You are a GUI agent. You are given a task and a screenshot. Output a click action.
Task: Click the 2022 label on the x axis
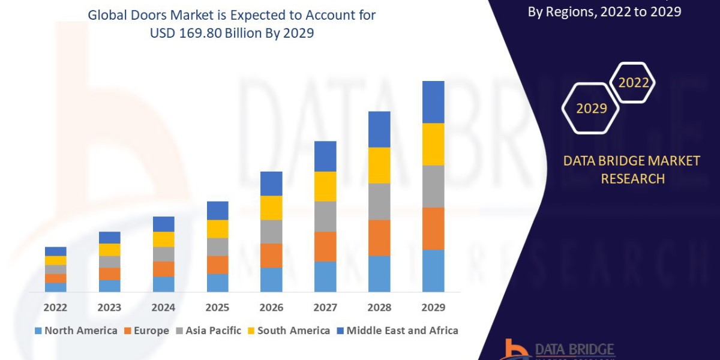[x=55, y=307]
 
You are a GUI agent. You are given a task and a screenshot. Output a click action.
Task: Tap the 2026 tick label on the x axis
[x=271, y=307]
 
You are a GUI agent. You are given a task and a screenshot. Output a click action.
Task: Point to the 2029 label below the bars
[x=433, y=307]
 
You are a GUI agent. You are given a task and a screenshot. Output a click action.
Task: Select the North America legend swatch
[x=39, y=331]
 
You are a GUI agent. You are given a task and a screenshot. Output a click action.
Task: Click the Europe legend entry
[x=148, y=331]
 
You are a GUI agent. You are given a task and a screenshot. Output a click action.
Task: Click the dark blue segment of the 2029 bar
[x=433, y=102]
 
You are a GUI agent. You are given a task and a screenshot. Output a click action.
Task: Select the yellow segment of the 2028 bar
[x=379, y=165]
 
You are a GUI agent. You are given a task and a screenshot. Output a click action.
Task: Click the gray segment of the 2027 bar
[x=325, y=216]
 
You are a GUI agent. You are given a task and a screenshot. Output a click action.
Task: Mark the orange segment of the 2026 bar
[x=271, y=255]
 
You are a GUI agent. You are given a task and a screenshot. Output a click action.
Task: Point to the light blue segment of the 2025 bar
[x=217, y=283]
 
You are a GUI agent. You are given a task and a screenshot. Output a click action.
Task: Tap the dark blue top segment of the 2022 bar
[x=55, y=251]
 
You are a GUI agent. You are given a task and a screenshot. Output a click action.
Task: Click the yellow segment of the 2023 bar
[x=109, y=250]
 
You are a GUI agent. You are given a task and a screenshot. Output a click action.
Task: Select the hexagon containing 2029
[x=590, y=108]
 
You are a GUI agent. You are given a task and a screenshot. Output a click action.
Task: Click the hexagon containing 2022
[x=633, y=83]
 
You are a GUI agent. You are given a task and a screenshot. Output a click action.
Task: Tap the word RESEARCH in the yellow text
[x=632, y=179]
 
